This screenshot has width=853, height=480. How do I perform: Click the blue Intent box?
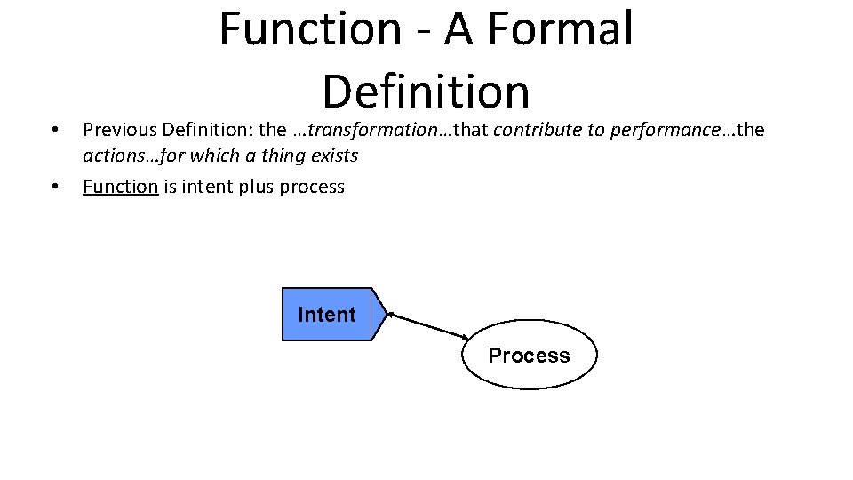point(327,314)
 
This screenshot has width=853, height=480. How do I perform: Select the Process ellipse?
point(529,356)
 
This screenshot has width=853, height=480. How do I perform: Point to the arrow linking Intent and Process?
point(428,324)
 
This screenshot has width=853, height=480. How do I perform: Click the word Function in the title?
point(310,28)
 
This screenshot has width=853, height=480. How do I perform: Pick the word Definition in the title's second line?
point(426,91)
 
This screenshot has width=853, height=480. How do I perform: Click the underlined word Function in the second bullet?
point(120,187)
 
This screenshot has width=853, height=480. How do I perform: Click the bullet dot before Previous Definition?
point(55,130)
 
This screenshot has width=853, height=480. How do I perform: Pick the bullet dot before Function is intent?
point(55,187)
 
